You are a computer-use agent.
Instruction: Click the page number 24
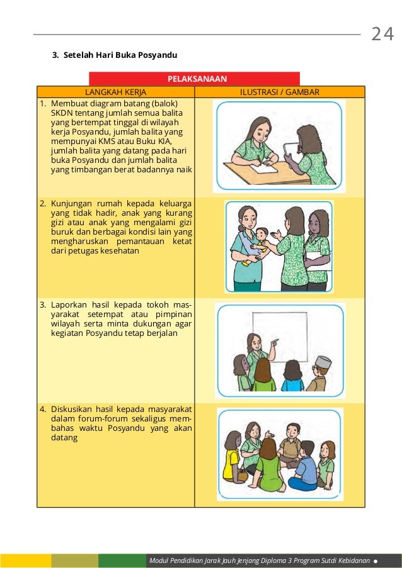382,34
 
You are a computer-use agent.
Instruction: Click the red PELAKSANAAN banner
197,79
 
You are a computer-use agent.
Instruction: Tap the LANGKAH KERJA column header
115,92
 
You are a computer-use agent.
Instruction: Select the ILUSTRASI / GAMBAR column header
280,92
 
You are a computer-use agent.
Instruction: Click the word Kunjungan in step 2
71,203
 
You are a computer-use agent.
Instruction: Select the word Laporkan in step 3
69,305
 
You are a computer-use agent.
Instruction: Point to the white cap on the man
323,361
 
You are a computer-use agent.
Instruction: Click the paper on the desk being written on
264,168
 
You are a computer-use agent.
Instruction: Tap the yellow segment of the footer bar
25,560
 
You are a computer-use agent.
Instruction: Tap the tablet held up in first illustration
290,149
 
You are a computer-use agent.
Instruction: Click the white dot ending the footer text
376,560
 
